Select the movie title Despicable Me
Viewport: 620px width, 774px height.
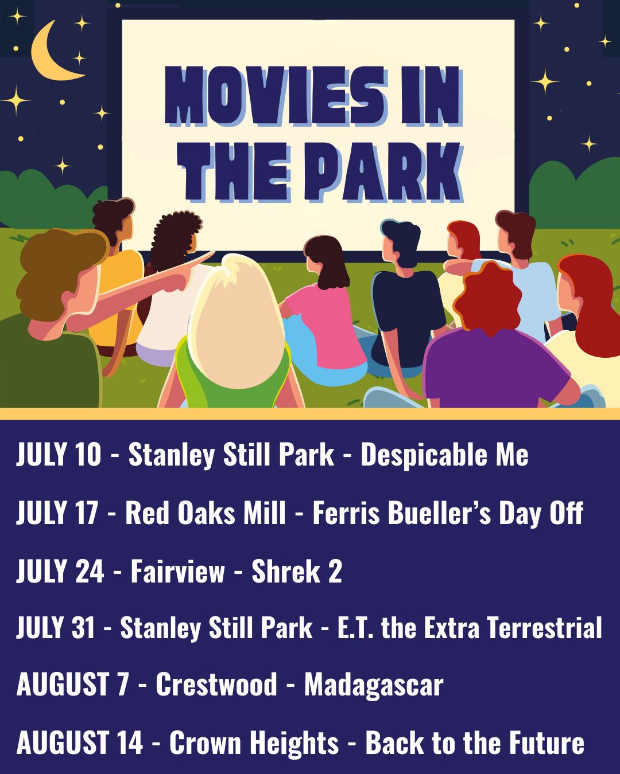(x=444, y=454)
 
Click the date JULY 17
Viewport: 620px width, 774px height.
(x=57, y=512)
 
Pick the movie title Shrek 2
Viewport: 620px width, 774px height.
(x=296, y=571)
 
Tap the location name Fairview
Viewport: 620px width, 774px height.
(x=177, y=571)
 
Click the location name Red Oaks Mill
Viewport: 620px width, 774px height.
(x=206, y=512)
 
